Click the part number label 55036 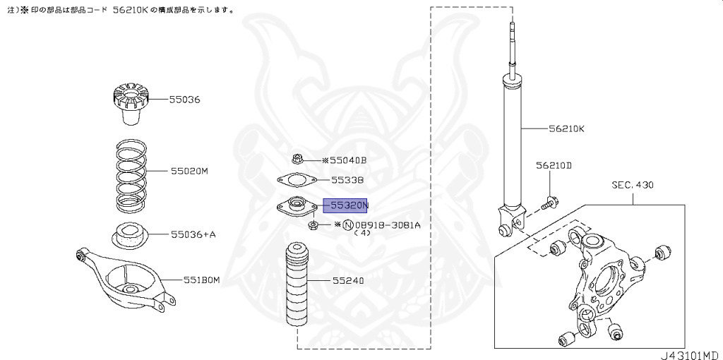pyautogui.click(x=185, y=100)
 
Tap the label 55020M pyautogui.click(x=189, y=171)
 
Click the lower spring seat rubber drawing pyautogui.click(x=130, y=234)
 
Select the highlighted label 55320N pyautogui.click(x=346, y=205)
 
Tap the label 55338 pyautogui.click(x=347, y=180)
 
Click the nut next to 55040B pyautogui.click(x=297, y=160)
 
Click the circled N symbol pyautogui.click(x=347, y=225)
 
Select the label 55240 pyautogui.click(x=348, y=280)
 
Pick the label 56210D pyautogui.click(x=553, y=166)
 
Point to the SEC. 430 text pyautogui.click(x=633, y=186)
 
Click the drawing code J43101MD pyautogui.click(x=690, y=354)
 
